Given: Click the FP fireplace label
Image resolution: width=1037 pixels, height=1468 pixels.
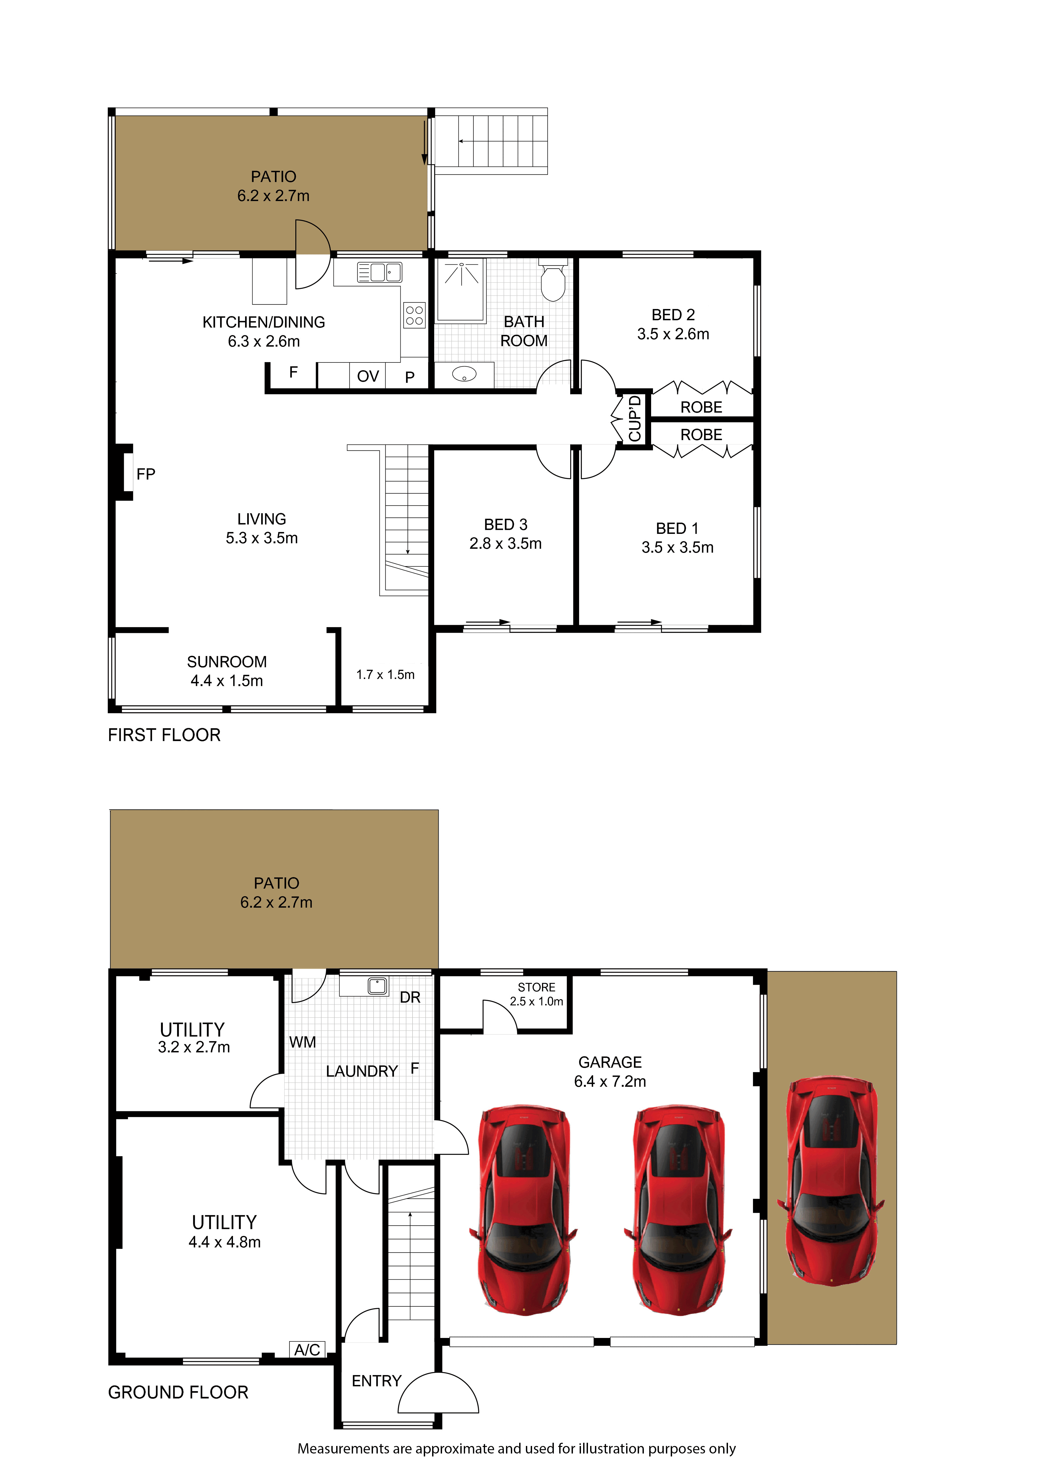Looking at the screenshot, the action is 146,474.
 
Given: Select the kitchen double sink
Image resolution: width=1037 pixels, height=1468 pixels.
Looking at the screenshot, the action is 379,272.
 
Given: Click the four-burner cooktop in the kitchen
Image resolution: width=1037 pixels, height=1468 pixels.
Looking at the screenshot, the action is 414,315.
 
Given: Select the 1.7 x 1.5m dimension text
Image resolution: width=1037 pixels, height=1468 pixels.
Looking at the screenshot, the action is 386,675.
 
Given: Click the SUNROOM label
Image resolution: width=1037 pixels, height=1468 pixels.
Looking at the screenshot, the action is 227,662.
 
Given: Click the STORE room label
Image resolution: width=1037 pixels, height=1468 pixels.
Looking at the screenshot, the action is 536,987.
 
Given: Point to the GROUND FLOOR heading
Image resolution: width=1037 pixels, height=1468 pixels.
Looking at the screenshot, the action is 178,1392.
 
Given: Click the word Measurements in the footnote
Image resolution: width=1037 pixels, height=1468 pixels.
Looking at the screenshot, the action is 343,1448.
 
